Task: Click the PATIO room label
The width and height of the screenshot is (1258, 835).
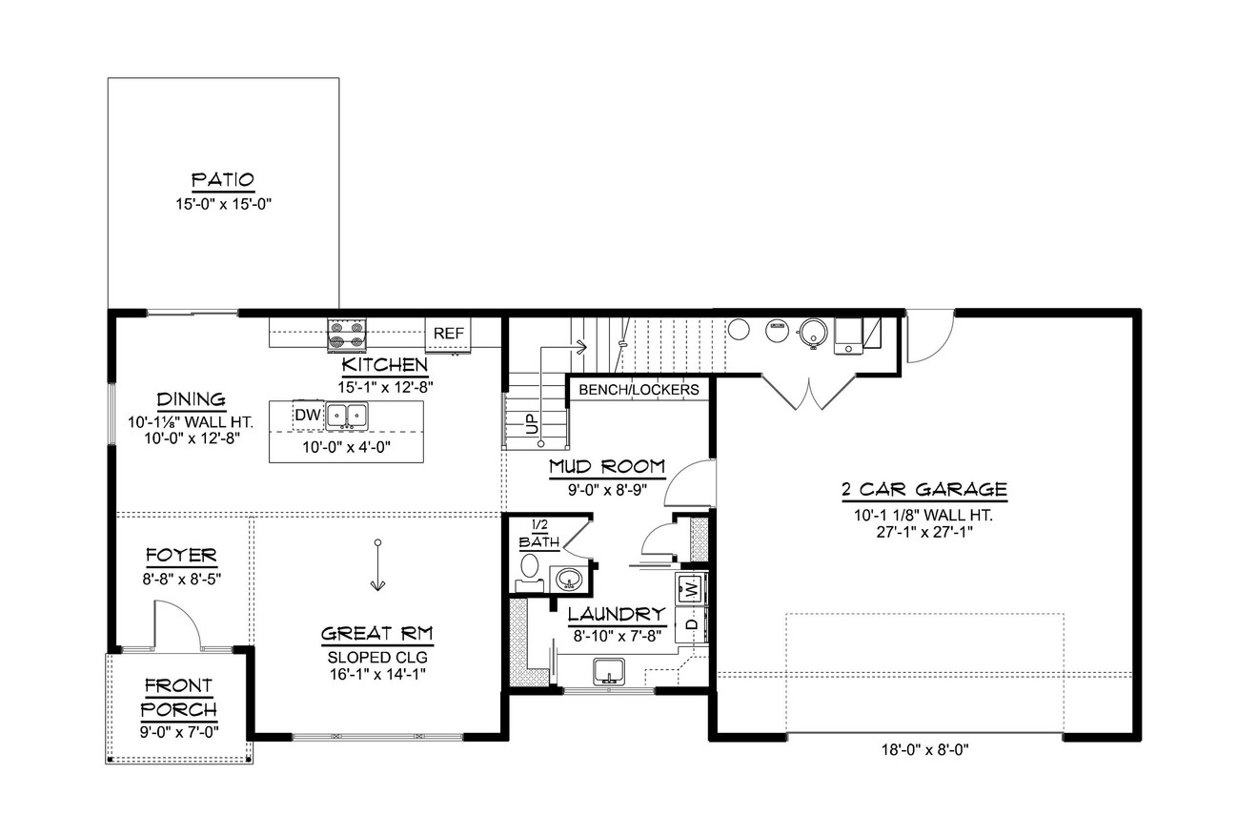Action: [223, 180]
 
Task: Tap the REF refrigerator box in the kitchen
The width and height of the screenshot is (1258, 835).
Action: [448, 334]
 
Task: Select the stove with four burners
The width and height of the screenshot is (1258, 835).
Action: [347, 336]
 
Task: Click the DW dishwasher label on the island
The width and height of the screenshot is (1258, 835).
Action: [307, 415]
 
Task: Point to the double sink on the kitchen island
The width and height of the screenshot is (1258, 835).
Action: [346, 416]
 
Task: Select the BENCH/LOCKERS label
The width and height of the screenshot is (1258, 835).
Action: [639, 389]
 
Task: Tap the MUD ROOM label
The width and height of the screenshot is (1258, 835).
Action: [607, 466]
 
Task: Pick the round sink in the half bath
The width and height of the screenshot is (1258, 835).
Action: [570, 579]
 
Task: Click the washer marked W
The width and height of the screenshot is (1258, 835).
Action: [691, 587]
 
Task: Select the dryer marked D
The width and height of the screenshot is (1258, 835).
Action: [691, 624]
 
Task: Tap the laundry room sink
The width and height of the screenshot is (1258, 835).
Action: [608, 670]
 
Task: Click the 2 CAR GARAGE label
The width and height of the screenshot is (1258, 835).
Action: [923, 490]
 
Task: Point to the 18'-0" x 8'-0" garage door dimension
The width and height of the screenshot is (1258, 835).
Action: [924, 749]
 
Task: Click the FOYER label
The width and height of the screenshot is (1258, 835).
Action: [181, 555]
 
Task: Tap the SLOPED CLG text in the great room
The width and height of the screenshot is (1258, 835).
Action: [377, 657]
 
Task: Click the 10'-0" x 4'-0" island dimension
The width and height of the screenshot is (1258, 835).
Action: [346, 446]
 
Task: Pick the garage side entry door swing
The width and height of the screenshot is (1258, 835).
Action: [928, 337]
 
